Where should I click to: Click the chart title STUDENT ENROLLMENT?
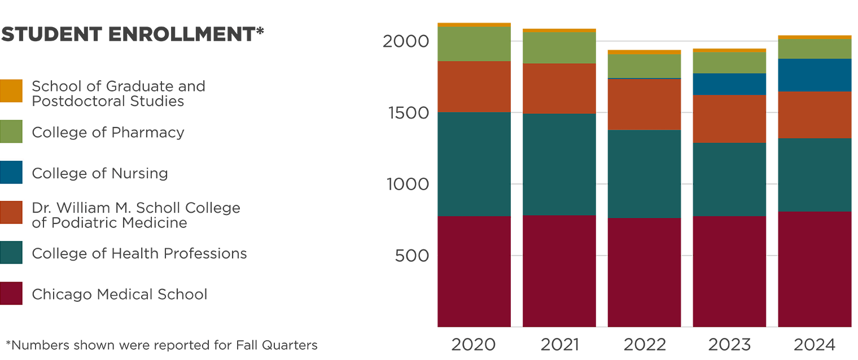tap(132, 34)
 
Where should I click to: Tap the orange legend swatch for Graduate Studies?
tap(12, 91)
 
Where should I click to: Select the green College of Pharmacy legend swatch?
tap(12, 131)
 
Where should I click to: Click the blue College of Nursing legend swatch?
tap(12, 172)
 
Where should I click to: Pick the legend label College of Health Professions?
tap(139, 253)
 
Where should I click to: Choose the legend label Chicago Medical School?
tap(120, 294)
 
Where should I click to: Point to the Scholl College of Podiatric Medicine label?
tap(136, 215)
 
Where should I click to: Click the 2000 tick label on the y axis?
tap(406, 41)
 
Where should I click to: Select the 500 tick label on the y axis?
tap(412, 256)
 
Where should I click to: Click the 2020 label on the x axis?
tap(474, 344)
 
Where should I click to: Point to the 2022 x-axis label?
tap(643, 344)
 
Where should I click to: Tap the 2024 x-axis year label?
tap(814, 344)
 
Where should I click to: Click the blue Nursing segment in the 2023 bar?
tap(729, 84)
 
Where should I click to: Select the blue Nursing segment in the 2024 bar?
tap(815, 75)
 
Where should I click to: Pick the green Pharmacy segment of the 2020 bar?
tap(474, 44)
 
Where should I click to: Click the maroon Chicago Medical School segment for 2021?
tap(559, 271)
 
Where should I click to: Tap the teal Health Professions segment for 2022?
tap(644, 174)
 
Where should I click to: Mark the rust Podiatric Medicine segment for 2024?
tap(815, 115)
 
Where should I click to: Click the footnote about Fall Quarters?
tap(161, 345)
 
